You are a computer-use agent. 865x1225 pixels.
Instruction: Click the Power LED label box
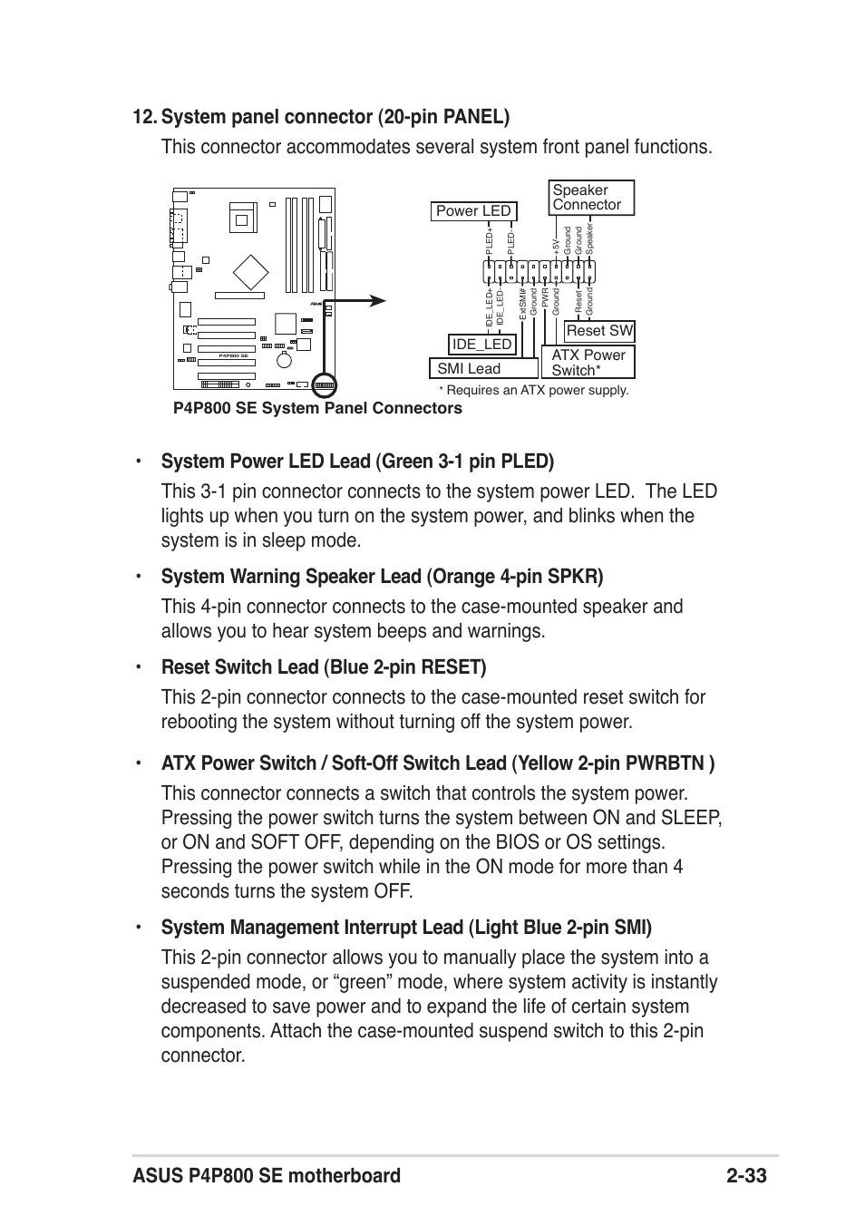click(473, 211)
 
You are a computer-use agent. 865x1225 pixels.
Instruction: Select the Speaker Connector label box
click(592, 198)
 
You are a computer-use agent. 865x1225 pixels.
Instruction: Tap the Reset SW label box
click(599, 331)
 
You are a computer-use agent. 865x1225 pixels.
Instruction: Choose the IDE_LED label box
click(482, 344)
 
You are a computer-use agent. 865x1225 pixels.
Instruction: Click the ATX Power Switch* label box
click(588, 363)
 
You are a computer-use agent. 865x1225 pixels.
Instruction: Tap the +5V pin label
click(556, 246)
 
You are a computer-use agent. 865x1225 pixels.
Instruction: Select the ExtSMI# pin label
click(523, 302)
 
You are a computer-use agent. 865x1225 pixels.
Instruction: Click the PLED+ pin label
click(489, 239)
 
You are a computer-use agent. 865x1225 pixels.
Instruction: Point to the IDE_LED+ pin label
click(489, 308)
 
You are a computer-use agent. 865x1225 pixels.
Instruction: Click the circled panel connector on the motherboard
click(325, 385)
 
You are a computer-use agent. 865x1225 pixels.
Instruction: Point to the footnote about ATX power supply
click(533, 390)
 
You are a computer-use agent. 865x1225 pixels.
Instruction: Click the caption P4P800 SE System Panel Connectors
click(317, 408)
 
